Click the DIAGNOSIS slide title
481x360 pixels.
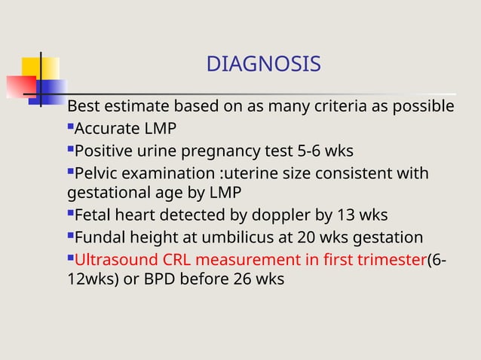[x=263, y=65]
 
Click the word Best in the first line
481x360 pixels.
[x=83, y=106]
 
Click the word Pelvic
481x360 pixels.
[x=98, y=173]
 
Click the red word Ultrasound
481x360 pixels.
[x=114, y=261]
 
